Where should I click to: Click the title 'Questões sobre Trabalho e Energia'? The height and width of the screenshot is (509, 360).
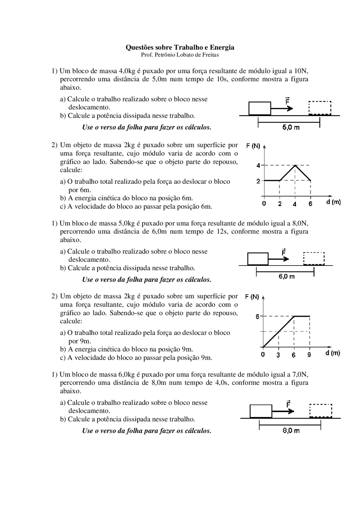coord(180,47)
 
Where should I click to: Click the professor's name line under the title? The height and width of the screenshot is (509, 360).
coord(180,55)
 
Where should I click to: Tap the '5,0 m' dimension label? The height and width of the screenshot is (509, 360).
coord(291,127)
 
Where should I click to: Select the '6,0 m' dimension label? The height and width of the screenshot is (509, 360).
coord(287,276)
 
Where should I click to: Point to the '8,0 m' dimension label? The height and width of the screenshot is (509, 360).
coord(291,430)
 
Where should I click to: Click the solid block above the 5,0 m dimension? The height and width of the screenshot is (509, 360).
coord(260,108)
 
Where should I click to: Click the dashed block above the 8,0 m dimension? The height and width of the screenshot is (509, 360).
coord(321,411)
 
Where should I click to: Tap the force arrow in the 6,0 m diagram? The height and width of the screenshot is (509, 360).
coord(278,259)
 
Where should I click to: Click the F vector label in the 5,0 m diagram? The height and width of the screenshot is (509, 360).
coord(287,101)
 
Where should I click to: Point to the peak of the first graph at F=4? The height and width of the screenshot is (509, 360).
coord(295,165)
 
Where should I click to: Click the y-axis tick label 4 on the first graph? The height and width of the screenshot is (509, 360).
coord(258,166)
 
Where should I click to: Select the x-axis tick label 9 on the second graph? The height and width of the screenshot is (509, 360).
coord(309,355)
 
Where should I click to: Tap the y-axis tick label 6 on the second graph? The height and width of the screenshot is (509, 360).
coord(257,317)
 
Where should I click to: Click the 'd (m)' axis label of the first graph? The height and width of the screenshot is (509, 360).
coord(334,202)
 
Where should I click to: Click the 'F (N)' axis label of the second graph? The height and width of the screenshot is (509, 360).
coord(252,297)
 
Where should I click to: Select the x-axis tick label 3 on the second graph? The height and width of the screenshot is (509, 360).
coord(278,355)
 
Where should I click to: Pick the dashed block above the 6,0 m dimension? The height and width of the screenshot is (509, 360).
coord(314,259)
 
